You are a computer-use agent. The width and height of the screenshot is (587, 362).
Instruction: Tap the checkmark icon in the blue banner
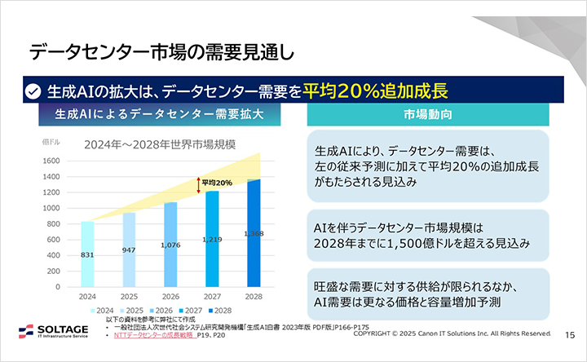[x=33, y=90]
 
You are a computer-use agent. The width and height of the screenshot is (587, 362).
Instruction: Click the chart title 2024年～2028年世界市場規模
[x=160, y=145]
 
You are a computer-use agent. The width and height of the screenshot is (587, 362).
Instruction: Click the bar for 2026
[x=170, y=245]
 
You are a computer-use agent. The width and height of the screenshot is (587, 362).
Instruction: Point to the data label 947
[x=128, y=249]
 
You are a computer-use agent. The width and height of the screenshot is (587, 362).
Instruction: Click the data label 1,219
[x=212, y=239]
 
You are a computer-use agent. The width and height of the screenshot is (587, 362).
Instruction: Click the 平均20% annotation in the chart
[x=217, y=183]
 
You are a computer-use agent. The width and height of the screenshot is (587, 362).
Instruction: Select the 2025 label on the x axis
[x=128, y=297]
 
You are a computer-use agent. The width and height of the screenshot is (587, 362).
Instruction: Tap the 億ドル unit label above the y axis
[x=51, y=142]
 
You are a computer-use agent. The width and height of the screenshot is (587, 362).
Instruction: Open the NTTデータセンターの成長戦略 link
[x=154, y=335]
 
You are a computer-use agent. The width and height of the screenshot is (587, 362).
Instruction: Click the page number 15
[x=570, y=334]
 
